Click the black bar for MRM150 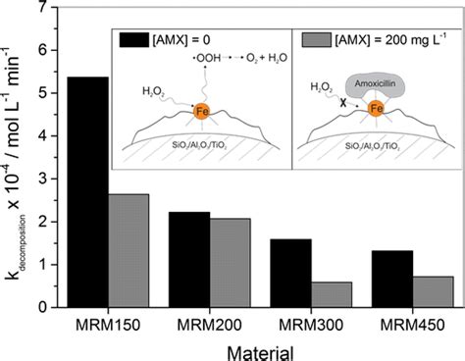[x=88, y=192]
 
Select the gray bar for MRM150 [x=129, y=251]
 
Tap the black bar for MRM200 [x=189, y=260]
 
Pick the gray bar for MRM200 [x=231, y=263]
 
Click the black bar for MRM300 [x=291, y=274]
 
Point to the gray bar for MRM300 [x=332, y=294]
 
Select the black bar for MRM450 [x=392, y=279]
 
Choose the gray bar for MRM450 [x=433, y=292]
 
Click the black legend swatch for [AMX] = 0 [x=134, y=40]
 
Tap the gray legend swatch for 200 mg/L [x=316, y=40]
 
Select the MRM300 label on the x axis [x=311, y=325]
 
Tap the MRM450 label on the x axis [x=413, y=325]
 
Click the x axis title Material [x=260, y=353]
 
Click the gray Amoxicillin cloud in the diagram [x=376, y=86]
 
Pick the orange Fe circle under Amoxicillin [x=376, y=108]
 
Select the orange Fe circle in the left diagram [x=202, y=112]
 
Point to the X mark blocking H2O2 [x=342, y=103]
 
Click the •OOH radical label [x=207, y=58]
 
